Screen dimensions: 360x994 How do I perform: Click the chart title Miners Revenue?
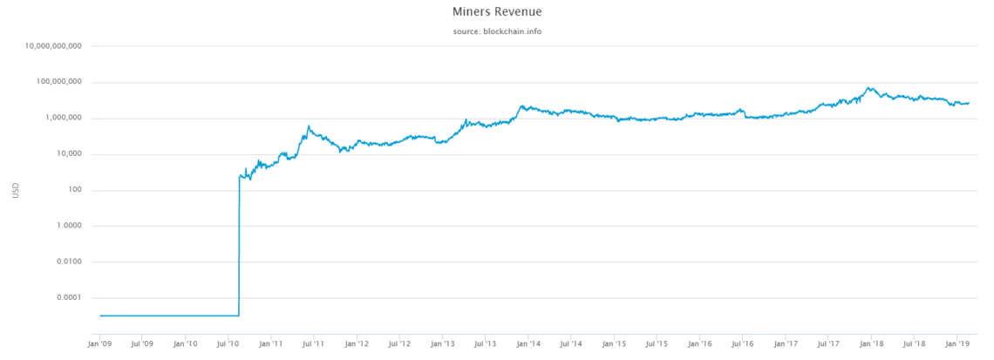click(496, 13)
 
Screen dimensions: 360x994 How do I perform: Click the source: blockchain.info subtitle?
click(496, 31)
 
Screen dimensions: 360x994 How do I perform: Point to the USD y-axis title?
click(16, 189)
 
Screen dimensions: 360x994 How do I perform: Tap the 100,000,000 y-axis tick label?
click(56, 82)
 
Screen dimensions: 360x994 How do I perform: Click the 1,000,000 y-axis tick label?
click(59, 118)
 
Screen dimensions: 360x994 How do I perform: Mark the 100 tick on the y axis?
click(73, 190)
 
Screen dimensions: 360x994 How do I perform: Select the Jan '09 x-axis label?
click(99, 343)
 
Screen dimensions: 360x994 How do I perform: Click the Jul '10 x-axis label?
click(228, 343)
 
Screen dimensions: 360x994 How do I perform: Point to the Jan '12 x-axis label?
click(357, 343)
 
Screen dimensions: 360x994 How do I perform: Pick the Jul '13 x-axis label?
click(485, 343)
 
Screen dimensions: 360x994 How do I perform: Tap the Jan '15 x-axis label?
click(614, 343)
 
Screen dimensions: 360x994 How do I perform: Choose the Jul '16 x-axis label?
click(742, 343)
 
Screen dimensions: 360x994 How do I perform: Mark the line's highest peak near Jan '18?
click(868, 87)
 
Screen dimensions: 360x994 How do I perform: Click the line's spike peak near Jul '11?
click(309, 126)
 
